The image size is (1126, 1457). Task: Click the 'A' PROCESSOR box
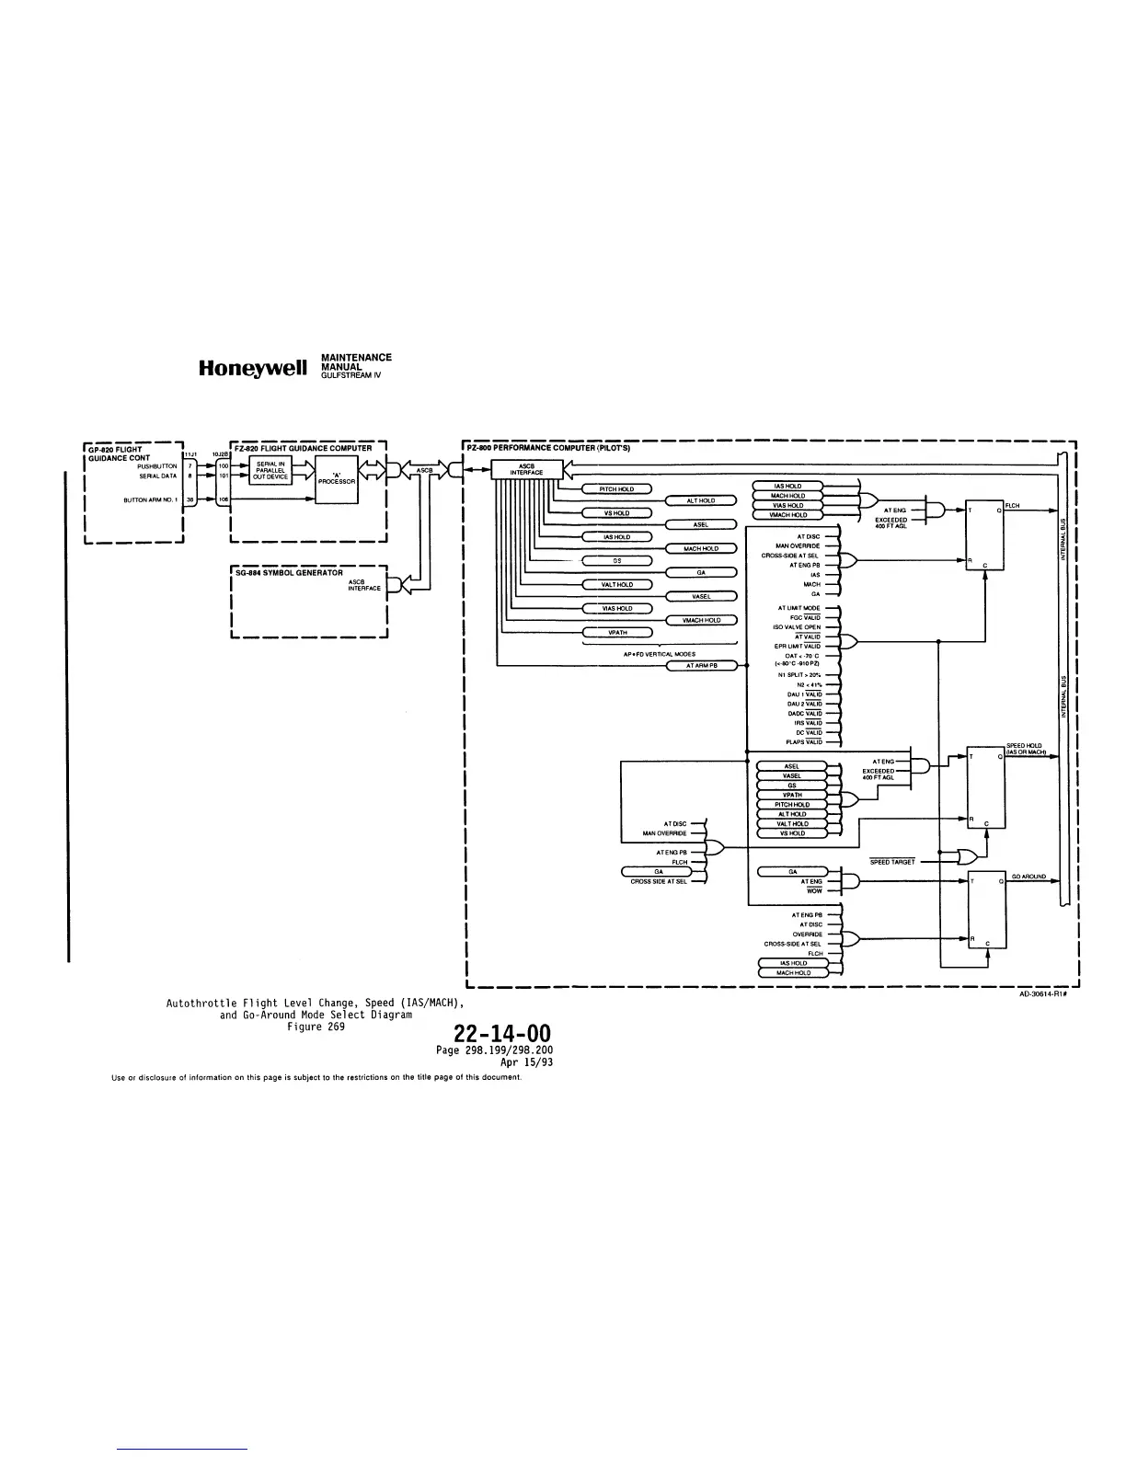(x=336, y=478)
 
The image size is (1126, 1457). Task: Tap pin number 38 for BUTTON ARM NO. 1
(x=190, y=499)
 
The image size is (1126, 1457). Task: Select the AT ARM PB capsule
(x=701, y=665)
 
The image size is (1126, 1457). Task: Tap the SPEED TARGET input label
(x=892, y=862)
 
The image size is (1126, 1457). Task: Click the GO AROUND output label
(x=1028, y=877)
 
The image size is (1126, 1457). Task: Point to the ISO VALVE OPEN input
(x=797, y=627)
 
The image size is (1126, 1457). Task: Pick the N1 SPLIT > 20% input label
(x=798, y=675)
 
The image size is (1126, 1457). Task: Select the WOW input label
(x=813, y=890)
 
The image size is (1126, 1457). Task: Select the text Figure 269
(x=316, y=1027)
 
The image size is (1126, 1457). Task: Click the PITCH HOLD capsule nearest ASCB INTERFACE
(x=616, y=488)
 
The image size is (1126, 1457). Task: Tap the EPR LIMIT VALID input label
(x=798, y=647)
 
